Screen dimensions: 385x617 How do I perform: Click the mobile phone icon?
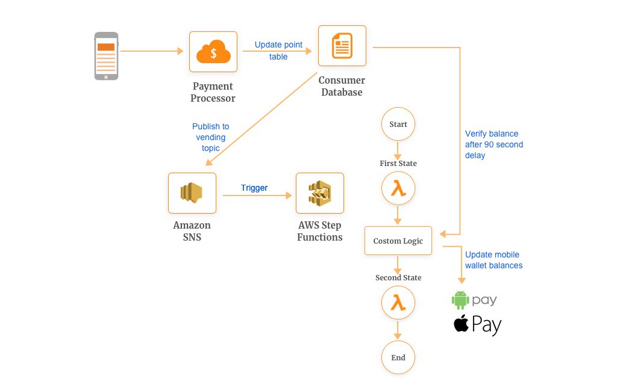[107, 56]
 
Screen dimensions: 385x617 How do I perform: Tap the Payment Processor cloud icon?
[213, 52]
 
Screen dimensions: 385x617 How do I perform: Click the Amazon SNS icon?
[192, 192]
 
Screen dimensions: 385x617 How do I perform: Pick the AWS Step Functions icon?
[319, 192]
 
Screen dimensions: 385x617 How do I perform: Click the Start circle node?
[398, 125]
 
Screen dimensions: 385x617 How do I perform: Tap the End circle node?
[398, 357]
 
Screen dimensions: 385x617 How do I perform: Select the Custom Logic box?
[398, 241]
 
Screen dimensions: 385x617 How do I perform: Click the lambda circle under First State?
[398, 189]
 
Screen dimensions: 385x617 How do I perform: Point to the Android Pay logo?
[475, 300]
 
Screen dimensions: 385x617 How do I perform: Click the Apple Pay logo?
[477, 325]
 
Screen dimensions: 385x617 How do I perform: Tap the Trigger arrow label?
[254, 188]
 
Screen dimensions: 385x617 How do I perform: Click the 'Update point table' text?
[278, 51]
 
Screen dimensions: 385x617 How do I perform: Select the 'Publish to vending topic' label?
[210, 137]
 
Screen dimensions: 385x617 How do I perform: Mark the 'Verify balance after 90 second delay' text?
[494, 144]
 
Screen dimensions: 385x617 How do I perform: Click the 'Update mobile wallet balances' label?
[493, 260]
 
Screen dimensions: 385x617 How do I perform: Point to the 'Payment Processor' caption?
[213, 92]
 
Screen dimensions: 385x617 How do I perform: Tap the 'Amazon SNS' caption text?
[192, 231]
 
